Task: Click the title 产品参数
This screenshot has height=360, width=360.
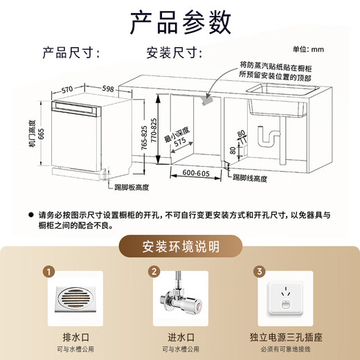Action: coord(179,22)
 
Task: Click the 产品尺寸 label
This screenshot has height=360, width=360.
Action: coord(71,53)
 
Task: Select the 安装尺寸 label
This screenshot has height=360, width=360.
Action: coord(173,53)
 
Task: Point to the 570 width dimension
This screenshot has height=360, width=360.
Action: coord(67,89)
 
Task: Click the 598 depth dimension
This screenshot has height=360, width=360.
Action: coord(107,89)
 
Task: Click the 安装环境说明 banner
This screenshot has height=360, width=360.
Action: coord(180,246)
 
